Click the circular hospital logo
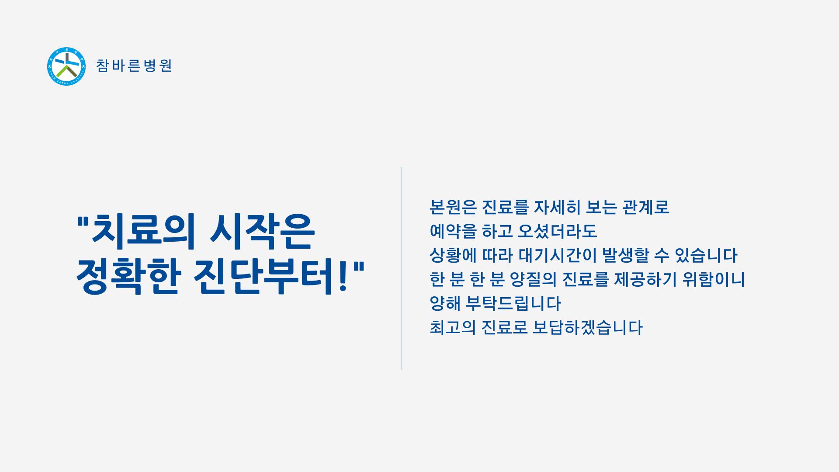point(66,66)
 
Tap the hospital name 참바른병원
point(134,66)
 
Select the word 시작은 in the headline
point(262,231)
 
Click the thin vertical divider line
point(402,268)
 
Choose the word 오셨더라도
point(557,231)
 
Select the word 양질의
point(533,279)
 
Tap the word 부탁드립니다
point(513,303)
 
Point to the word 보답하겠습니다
point(588,327)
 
